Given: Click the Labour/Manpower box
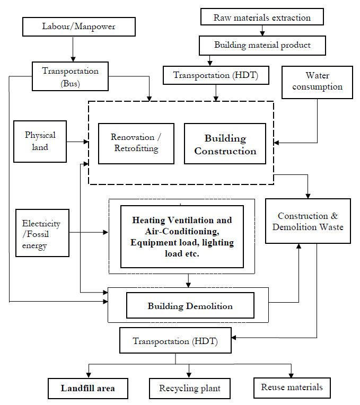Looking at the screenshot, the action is click(79, 27).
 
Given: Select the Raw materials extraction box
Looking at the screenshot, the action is click(262, 17).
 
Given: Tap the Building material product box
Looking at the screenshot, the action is click(262, 46).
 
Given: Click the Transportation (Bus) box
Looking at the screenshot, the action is click(70, 76).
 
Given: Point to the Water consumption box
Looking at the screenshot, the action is click(317, 82).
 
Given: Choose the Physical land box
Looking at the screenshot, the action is click(40, 142).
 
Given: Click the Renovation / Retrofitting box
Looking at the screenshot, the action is click(136, 144).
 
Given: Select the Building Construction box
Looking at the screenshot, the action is click(225, 144).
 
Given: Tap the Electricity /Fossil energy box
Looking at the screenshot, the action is click(42, 233).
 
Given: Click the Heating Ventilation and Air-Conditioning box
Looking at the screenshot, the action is click(182, 236).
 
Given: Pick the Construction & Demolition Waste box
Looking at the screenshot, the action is click(308, 221).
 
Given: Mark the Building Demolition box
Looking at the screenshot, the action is click(190, 305).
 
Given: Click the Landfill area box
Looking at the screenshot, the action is click(88, 389).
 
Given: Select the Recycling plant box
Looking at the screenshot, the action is click(190, 389).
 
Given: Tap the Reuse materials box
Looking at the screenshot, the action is click(292, 388).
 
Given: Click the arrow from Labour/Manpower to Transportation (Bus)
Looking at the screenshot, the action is click(73, 49).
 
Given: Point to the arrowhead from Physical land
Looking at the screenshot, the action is click(86, 142).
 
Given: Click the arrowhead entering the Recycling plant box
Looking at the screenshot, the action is click(189, 375).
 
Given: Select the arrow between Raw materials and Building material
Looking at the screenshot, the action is click(262, 30).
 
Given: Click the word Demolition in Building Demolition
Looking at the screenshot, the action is click(209, 306).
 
